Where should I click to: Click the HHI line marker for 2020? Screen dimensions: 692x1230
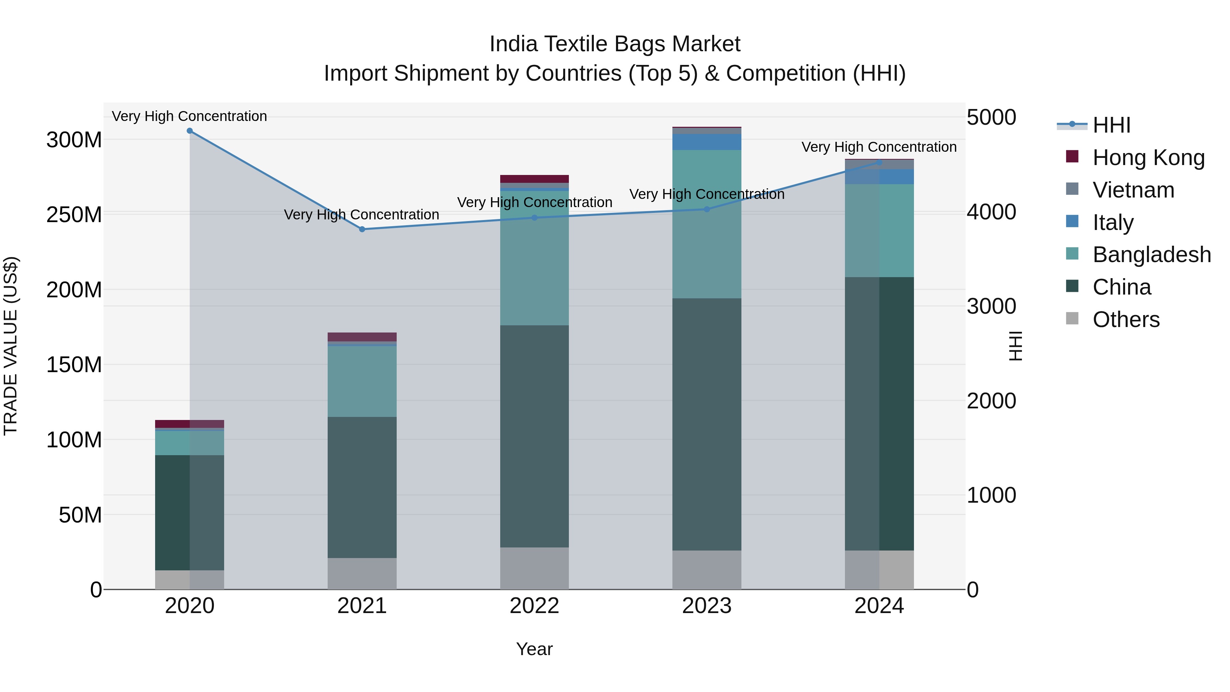(190, 131)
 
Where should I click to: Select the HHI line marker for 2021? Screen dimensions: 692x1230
(362, 229)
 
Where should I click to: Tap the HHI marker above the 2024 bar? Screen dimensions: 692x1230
(879, 163)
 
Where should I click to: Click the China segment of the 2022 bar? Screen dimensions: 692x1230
(534, 436)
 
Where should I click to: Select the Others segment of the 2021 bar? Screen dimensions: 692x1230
(362, 573)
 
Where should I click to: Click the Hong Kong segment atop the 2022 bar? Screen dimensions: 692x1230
(534, 179)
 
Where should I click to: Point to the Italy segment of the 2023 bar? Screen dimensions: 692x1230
(707, 142)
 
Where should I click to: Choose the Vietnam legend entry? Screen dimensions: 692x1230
(1133, 190)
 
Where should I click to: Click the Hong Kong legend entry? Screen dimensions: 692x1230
(1148, 158)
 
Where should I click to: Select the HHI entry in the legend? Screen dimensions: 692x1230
(1111, 125)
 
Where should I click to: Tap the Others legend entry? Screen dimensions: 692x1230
(1125, 320)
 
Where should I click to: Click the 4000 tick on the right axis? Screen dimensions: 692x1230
(991, 212)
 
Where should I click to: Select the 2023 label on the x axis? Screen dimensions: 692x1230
(707, 606)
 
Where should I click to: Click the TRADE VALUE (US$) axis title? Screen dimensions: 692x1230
(11, 346)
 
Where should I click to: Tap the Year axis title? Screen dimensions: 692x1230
(534, 649)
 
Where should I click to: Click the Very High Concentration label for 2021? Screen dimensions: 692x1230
(361, 215)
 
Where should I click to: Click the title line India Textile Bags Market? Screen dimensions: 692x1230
(615, 44)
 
